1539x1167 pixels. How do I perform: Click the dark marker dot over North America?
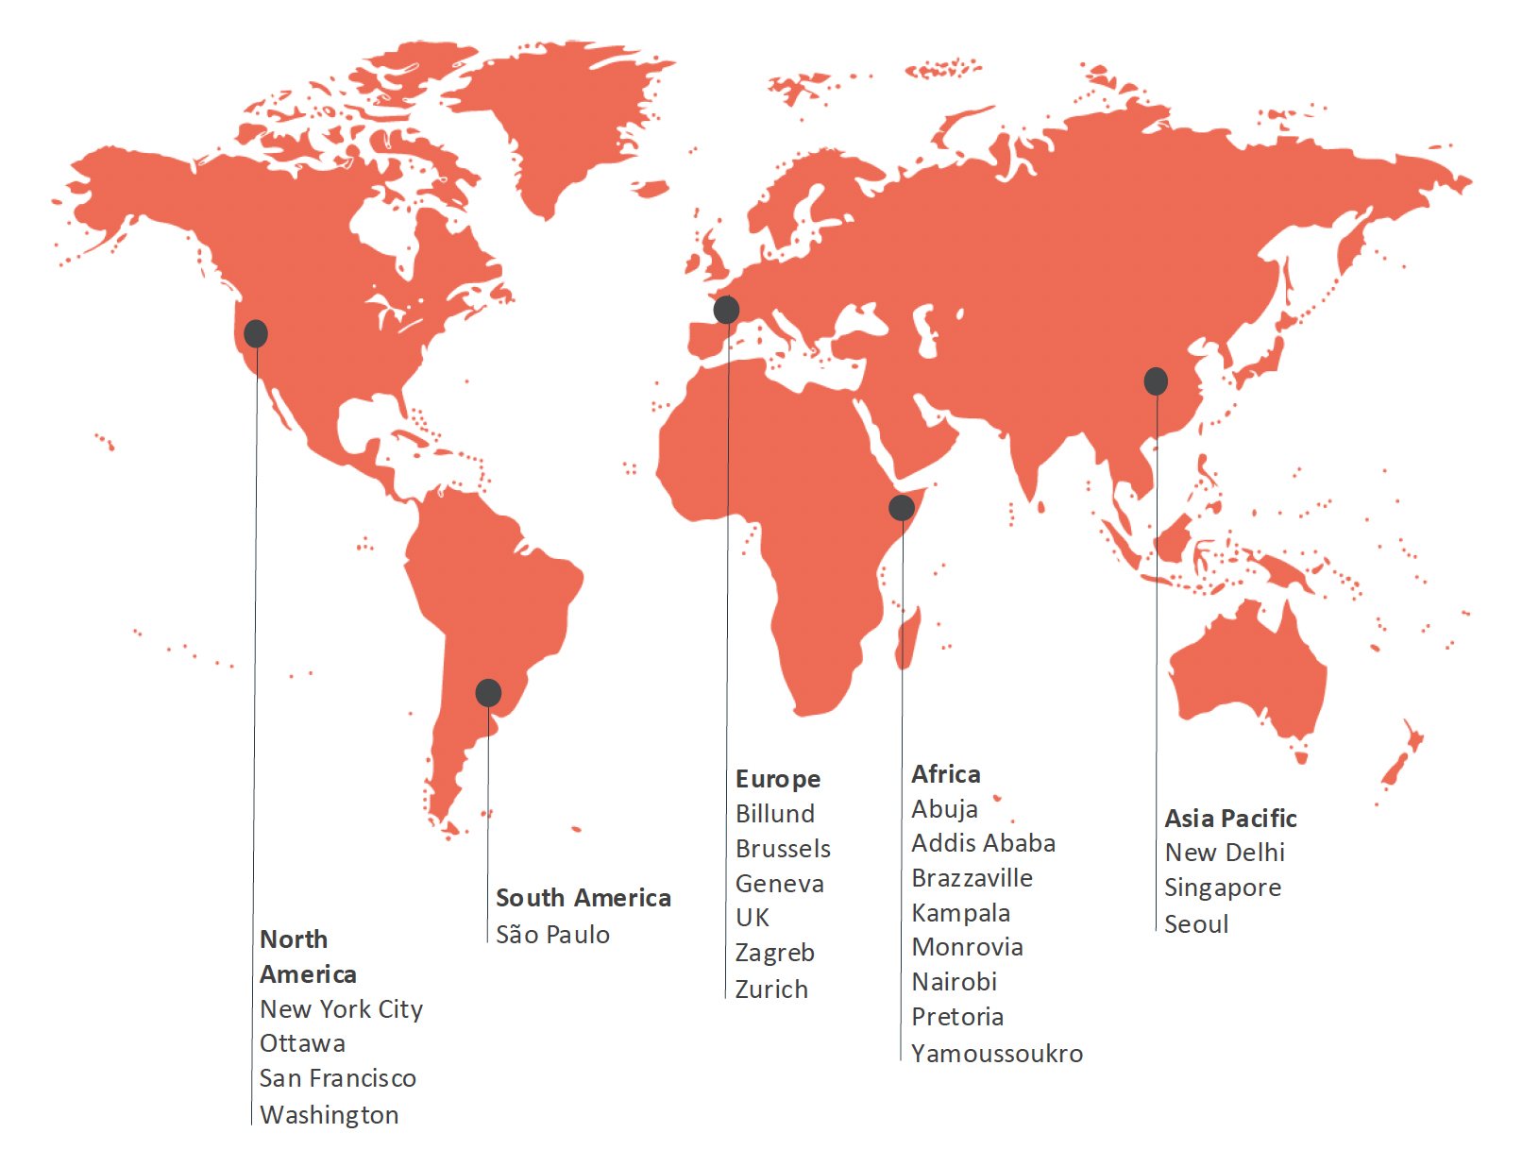pos(256,333)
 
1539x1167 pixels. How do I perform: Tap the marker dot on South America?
pos(488,693)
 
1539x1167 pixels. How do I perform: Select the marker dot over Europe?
pos(726,309)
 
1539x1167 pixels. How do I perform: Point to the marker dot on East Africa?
pos(902,507)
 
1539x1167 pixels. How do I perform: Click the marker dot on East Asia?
pos(1156,381)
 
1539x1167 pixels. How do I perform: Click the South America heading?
pos(583,898)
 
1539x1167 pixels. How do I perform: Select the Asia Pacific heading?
pos(1230,818)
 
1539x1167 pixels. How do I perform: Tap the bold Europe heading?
pos(778,779)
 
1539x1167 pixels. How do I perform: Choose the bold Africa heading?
pos(945,774)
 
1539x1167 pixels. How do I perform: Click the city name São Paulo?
pos(552,935)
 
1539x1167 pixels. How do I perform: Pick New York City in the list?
pos(341,1009)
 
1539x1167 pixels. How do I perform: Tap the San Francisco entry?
pos(337,1078)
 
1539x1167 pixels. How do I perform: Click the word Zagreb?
pos(774,953)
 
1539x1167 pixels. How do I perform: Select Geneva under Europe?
pos(779,884)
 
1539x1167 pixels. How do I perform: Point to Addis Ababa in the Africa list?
pos(983,843)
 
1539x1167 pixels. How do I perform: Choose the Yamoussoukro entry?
pos(996,1054)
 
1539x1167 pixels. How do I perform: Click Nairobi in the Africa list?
pos(954,982)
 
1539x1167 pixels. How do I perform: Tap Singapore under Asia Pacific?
pos(1223,888)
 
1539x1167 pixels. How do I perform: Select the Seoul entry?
pos(1196,924)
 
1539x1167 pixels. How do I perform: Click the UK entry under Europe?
pos(753,918)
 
